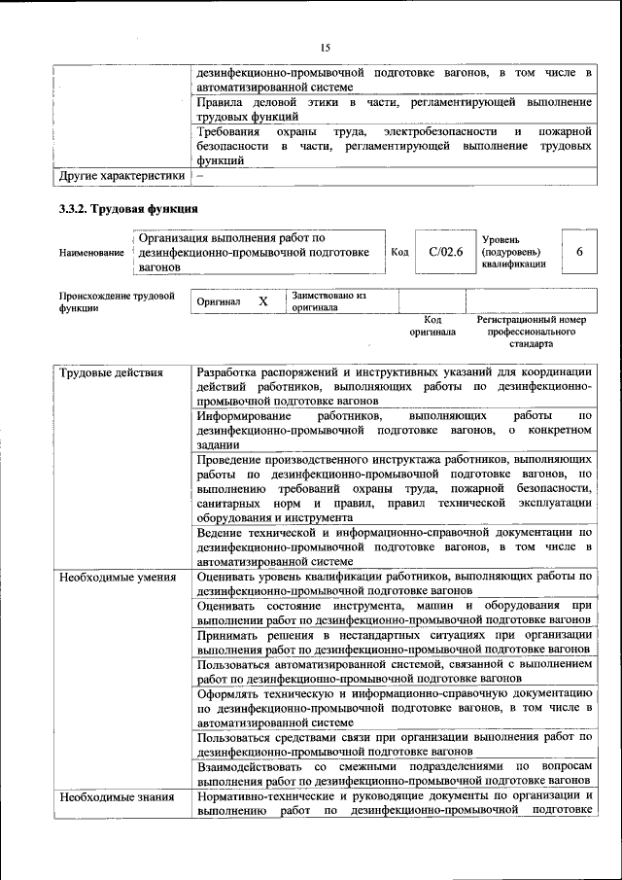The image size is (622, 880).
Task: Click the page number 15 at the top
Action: coord(325,45)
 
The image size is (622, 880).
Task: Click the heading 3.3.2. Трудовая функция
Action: coord(128,209)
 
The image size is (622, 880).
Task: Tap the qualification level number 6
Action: coord(579,252)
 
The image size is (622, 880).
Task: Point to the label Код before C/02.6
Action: coord(399,252)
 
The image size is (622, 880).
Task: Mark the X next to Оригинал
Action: coord(262,301)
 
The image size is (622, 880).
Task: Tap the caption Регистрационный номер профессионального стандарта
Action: coord(531,332)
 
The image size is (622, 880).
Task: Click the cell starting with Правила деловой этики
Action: coord(393,109)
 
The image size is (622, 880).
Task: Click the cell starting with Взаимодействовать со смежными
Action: coord(393,773)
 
